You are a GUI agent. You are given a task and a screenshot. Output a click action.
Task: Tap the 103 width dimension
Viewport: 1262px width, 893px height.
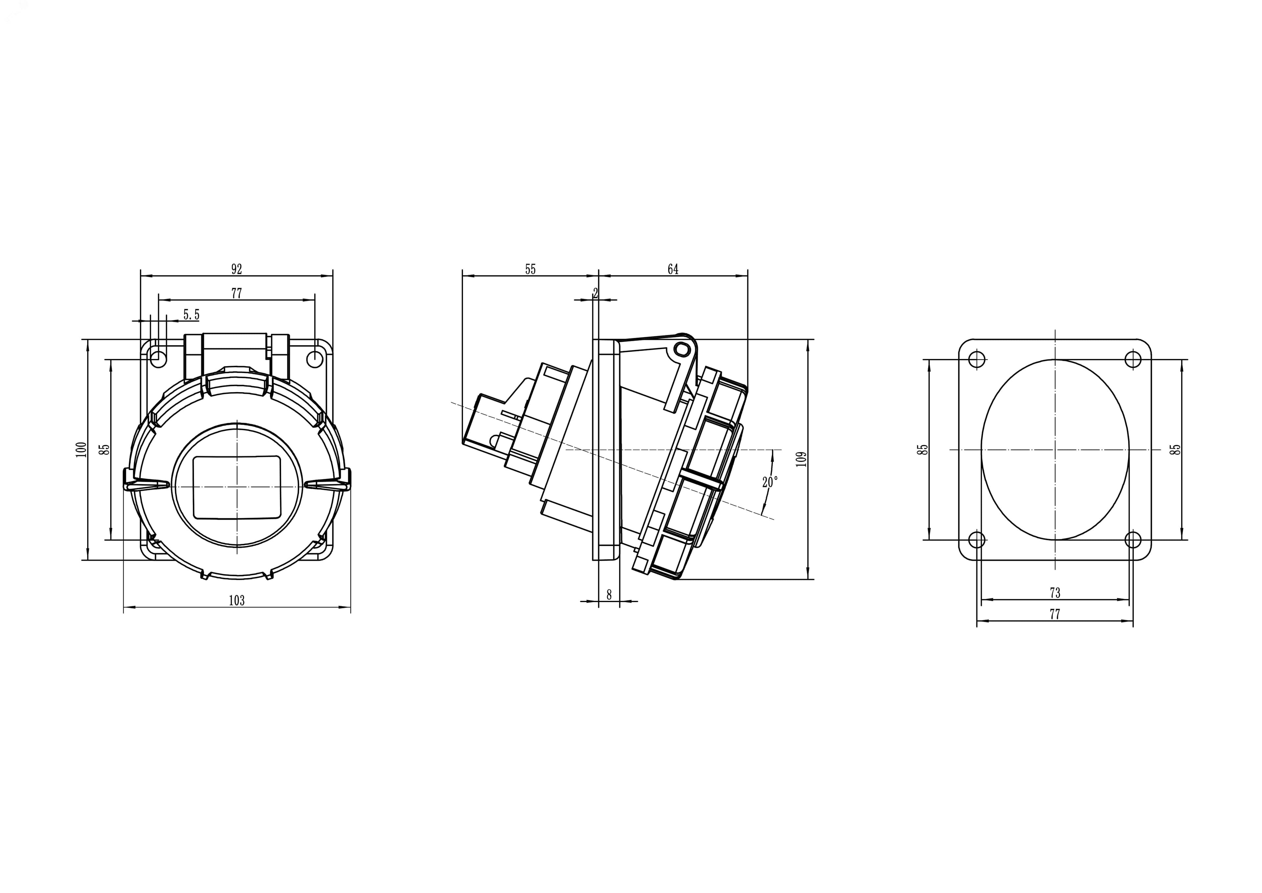pyautogui.click(x=236, y=600)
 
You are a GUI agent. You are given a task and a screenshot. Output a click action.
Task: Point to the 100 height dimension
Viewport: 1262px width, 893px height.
pyautogui.click(x=82, y=450)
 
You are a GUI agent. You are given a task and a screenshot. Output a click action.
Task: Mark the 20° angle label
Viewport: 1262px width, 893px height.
pyautogui.click(x=770, y=482)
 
